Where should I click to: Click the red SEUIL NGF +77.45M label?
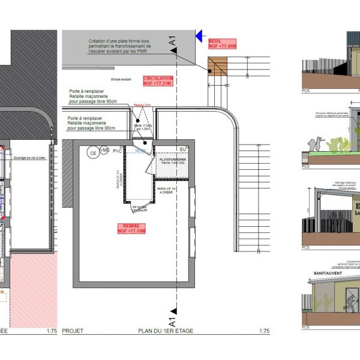click(221, 43)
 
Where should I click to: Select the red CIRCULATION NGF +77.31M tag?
click(158, 81)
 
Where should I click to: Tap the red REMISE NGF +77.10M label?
click(132, 227)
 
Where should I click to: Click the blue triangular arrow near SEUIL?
click(200, 37)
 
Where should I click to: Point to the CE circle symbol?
click(93, 153)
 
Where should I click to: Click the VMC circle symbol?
click(105, 150)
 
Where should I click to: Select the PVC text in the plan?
click(117, 152)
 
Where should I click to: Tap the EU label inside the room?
click(182, 149)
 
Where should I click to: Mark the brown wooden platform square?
click(219, 67)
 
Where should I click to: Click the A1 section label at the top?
click(173, 41)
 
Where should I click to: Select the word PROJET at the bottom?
click(73, 331)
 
